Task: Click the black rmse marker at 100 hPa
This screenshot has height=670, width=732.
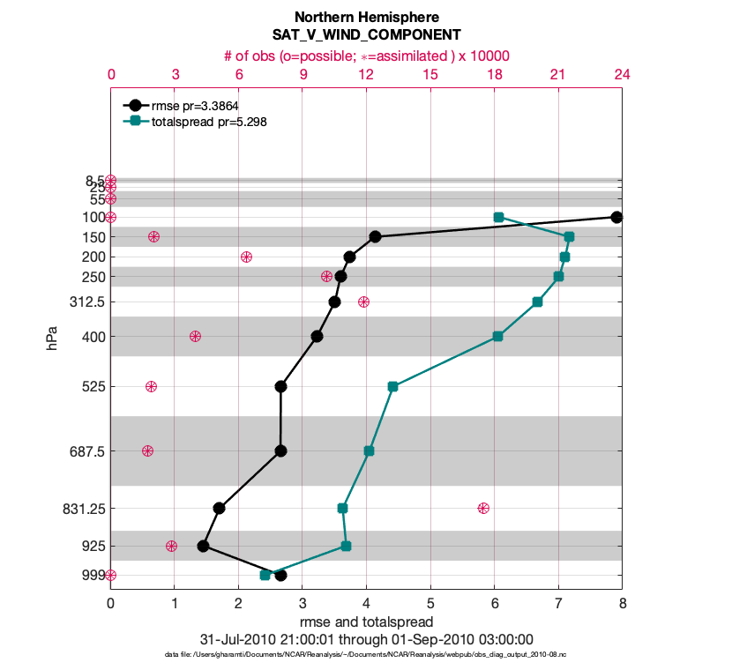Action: (616, 217)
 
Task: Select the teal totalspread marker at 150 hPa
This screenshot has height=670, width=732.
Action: (569, 236)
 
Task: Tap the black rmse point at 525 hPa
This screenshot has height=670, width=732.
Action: (280, 386)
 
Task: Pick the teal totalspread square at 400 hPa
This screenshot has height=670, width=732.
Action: (497, 336)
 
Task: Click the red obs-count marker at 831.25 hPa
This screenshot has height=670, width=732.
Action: (483, 508)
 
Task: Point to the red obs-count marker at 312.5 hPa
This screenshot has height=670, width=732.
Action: (363, 301)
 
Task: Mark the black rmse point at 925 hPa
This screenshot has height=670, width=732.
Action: (203, 546)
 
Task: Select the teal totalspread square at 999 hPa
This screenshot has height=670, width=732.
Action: (265, 575)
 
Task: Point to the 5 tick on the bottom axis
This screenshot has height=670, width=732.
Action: (430, 605)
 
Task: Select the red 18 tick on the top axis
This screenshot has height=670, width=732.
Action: (494, 75)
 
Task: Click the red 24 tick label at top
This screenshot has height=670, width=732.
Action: (622, 75)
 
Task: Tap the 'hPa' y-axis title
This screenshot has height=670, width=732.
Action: (54, 339)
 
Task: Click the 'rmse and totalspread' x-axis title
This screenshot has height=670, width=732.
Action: (366, 622)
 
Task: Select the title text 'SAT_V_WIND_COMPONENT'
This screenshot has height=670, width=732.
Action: (366, 35)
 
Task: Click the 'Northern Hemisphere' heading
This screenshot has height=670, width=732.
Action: (366, 17)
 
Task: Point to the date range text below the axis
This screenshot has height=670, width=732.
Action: (366, 638)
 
